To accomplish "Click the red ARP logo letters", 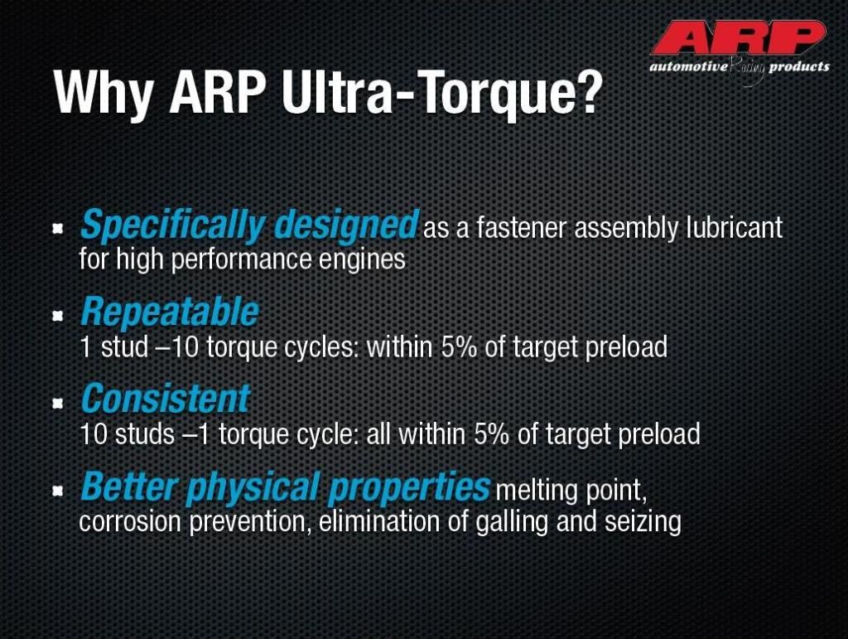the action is [739, 38].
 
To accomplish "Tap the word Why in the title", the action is [104, 92].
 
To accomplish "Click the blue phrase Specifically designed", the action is [249, 225].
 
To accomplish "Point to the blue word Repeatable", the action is [169, 312].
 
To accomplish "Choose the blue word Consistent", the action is [166, 398].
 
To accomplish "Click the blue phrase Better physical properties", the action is [285, 487].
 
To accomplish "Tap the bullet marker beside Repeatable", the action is [57, 316].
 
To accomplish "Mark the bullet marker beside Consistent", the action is [57, 403].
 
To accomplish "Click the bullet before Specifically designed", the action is [57, 229].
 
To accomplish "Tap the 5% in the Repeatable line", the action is [459, 346].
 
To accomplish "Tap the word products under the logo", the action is [799, 67].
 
